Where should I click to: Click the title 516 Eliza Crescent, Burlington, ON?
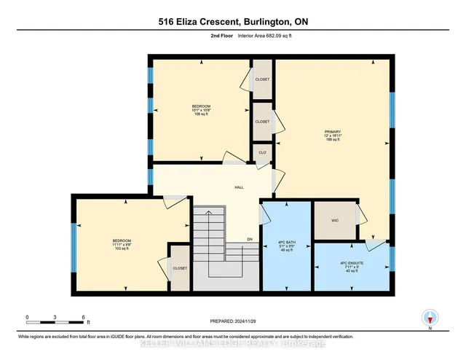[232, 23]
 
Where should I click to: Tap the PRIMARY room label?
[333, 135]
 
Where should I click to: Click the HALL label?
[238, 187]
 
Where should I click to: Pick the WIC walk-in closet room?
[335, 219]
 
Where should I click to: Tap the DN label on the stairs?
[248, 238]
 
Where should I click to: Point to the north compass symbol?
[430, 318]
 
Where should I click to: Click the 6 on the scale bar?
[84, 317]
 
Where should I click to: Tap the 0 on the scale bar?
[27, 317]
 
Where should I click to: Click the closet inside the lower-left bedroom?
[179, 268]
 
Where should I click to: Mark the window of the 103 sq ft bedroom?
[73, 245]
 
